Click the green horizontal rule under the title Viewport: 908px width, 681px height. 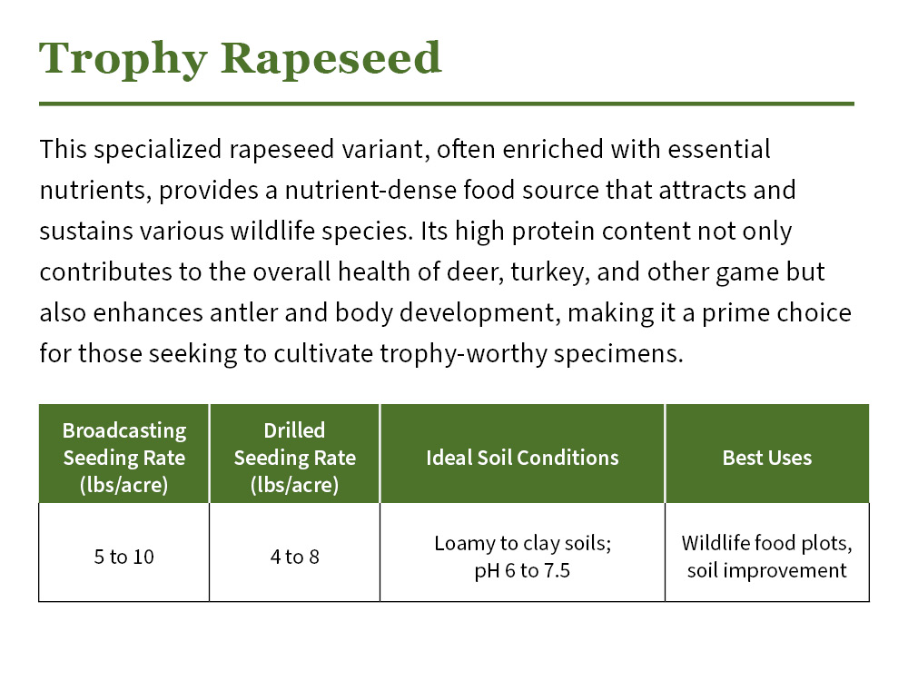pos(446,104)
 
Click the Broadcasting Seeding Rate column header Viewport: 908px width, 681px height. pos(124,458)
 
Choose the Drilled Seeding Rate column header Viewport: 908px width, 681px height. pos(294,458)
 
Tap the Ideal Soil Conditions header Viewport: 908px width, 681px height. pos(522,458)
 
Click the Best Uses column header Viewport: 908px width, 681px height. pos(766,458)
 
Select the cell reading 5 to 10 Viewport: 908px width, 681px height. pos(124,557)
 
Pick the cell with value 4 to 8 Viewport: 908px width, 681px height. pos(294,557)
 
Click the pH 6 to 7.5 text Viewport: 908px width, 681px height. pos(522,571)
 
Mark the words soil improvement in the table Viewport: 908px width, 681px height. pos(766,571)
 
